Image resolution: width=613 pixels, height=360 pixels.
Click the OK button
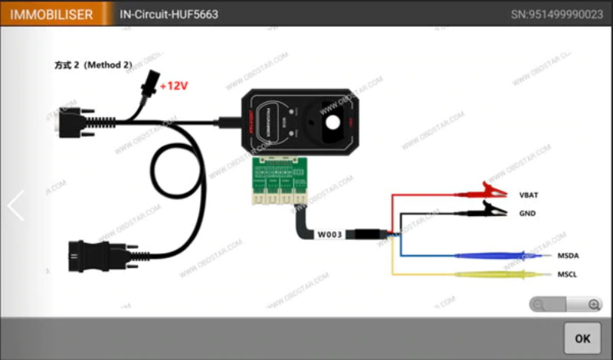[x=582, y=338]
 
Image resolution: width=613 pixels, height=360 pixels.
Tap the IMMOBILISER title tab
[x=51, y=14]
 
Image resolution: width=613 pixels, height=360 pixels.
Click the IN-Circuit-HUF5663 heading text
[x=170, y=15]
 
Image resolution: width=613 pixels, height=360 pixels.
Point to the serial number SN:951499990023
[x=556, y=15]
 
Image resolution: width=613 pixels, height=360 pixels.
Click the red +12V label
[x=173, y=86]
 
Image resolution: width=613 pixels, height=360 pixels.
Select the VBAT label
[x=529, y=195]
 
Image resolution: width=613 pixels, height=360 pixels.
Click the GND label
[x=527, y=214]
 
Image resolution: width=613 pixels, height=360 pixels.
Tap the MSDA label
[x=568, y=255]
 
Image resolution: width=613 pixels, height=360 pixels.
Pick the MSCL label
[x=568, y=273]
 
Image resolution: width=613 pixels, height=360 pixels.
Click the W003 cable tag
[x=329, y=234]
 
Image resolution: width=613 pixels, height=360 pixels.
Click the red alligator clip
[x=490, y=190]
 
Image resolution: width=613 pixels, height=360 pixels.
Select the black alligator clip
[x=490, y=208]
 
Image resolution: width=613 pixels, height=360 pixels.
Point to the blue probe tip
[x=536, y=255]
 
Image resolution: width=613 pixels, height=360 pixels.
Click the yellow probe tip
[x=536, y=273]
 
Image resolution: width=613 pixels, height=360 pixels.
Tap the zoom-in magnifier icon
[x=595, y=304]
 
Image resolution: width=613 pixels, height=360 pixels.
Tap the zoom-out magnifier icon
[x=539, y=304]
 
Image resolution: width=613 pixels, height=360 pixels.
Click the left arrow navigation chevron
[x=16, y=205]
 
